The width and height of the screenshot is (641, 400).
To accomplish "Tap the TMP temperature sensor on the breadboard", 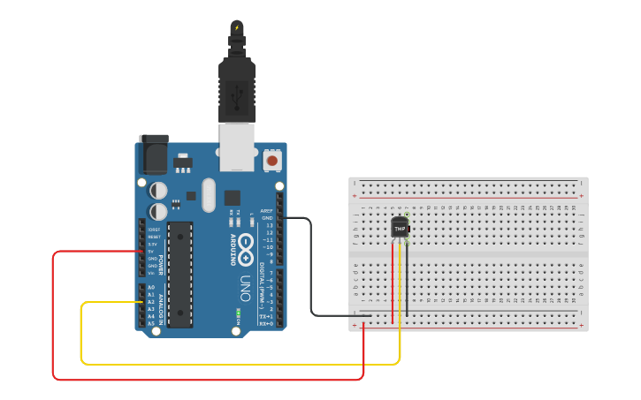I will [401, 227].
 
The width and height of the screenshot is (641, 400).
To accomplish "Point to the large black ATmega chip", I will [180, 274].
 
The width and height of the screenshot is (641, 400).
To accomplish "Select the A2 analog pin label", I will [151, 301].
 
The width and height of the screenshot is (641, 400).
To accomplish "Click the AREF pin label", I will [266, 211].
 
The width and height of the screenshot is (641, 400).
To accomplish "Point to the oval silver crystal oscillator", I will [208, 195].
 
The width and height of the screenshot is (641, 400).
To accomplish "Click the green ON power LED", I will [238, 313].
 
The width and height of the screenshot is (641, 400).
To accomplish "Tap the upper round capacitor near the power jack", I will [158, 190].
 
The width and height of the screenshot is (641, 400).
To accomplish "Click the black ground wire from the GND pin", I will [311, 265].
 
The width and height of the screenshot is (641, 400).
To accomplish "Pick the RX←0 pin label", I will [265, 323].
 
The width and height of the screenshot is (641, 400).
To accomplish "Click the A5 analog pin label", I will [151, 323].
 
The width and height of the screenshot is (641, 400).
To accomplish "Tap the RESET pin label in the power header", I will [153, 237].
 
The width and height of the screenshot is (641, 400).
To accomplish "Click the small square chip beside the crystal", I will [233, 198].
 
